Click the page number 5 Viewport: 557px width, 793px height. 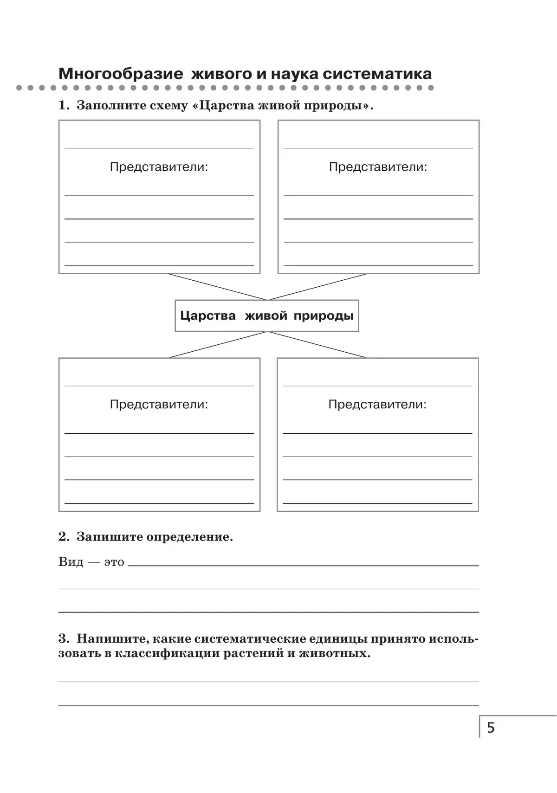click(491, 728)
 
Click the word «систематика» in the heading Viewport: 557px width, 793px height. click(377, 74)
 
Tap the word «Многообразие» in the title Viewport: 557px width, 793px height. click(121, 74)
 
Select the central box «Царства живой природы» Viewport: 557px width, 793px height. click(266, 316)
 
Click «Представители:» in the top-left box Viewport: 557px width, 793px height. click(159, 167)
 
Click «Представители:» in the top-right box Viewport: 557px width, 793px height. click(378, 167)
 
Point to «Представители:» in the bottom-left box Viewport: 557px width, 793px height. click(159, 405)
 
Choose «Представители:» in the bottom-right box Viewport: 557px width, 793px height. click(377, 405)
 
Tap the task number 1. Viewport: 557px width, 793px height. click(63, 106)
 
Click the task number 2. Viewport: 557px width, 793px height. click(63, 537)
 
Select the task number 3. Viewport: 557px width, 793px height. click(63, 639)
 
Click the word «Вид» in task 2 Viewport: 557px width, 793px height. click(71, 562)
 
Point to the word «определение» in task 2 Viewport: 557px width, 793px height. click(188, 537)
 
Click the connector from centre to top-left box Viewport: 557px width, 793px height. click(217, 287)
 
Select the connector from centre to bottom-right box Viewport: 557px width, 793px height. click(317, 345)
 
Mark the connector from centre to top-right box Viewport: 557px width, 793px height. click(317, 287)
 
